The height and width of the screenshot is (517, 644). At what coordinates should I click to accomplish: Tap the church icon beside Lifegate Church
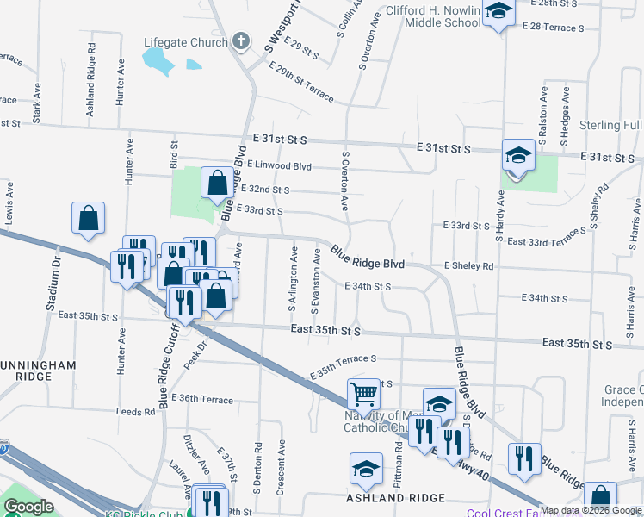[x=240, y=40]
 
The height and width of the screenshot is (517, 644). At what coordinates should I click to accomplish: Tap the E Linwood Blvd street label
[x=279, y=165]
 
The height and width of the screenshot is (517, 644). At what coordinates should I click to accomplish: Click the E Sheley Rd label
[x=468, y=267]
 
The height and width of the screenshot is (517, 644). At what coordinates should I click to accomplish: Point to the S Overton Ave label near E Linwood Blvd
[x=345, y=181]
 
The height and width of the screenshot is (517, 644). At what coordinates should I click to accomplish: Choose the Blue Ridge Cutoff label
[x=169, y=371]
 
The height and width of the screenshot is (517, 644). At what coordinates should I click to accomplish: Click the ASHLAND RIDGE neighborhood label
[x=395, y=498]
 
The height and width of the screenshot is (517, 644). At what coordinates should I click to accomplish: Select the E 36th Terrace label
[x=202, y=399]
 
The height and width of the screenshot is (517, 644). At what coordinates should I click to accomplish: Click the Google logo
[x=28, y=507]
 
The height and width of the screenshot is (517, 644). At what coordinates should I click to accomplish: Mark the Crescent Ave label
[x=281, y=469]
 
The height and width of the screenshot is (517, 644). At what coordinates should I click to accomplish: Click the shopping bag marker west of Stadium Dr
[x=89, y=220]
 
